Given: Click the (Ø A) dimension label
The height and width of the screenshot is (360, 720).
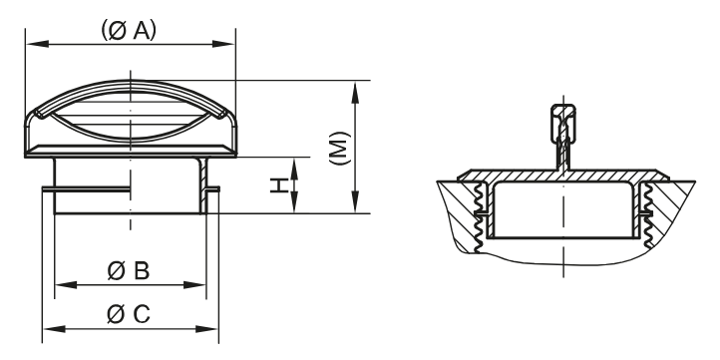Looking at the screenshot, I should pos(129,31).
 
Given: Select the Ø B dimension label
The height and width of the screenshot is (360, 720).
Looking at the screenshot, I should pos(129,269).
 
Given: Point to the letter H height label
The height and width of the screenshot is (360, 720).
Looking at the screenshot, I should pos(281,184).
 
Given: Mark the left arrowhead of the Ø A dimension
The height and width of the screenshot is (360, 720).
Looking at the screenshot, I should pos(31,44).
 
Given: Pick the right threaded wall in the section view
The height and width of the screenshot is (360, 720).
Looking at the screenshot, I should pos(648,214).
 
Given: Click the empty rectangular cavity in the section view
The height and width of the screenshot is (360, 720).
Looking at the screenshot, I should pos(563,214).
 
